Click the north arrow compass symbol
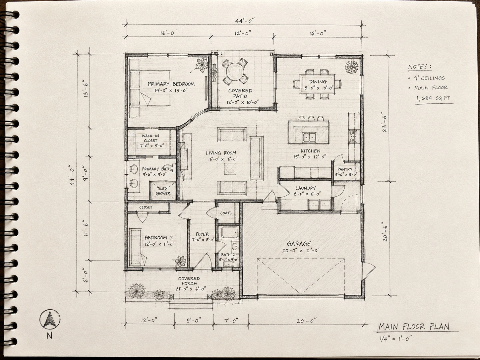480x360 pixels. [50, 319]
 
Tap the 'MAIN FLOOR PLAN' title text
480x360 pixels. [414, 327]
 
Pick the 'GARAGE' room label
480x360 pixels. [299, 244]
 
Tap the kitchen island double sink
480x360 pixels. [309, 137]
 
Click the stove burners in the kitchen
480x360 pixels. [353, 136]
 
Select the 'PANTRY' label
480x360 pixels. [345, 169]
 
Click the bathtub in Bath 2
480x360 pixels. [230, 232]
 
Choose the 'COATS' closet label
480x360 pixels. [226, 213]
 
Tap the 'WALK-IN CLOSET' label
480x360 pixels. [150, 138]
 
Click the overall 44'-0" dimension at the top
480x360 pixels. [245, 21]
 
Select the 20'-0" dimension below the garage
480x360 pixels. [306, 321]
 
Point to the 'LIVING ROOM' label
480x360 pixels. [221, 153]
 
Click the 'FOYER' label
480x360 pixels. [202, 234]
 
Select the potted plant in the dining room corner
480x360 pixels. [352, 67]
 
